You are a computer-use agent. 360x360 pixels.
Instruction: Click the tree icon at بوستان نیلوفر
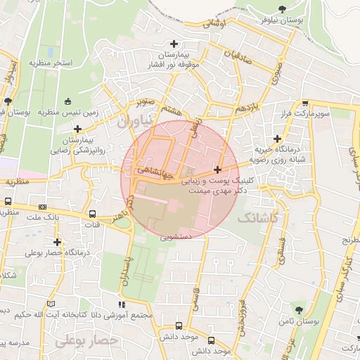tap(282, 9)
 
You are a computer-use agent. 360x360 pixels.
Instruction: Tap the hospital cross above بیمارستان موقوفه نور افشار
tap(174, 44)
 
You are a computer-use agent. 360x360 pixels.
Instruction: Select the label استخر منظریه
tap(51, 63)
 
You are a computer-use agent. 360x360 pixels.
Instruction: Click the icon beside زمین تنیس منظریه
tap(67, 101)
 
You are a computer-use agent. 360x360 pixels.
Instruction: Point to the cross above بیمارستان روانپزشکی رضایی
tap(77, 129)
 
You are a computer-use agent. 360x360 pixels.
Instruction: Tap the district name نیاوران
tap(134, 122)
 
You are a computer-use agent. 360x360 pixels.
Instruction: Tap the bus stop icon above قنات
tap(93, 214)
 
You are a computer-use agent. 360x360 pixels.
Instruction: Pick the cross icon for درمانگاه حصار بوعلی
tap(57, 243)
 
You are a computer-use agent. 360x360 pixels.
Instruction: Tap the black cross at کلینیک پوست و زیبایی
tap(217, 169)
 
